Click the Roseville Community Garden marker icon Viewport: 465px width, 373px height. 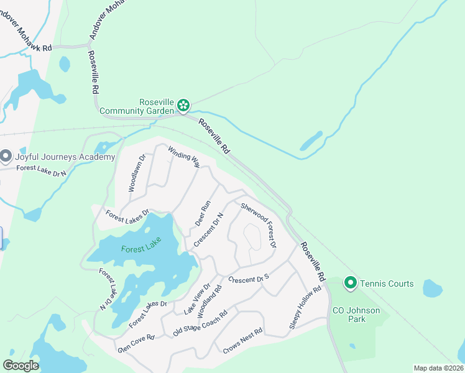point(183,106)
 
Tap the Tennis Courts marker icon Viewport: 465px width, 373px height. point(350,283)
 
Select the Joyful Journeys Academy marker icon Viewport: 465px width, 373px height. point(6,156)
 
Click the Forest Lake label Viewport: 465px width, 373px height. point(141,249)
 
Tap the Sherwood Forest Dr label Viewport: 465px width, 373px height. point(258,224)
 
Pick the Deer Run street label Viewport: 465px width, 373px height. point(203,213)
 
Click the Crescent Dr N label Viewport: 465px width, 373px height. point(208,229)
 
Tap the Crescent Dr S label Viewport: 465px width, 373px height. point(249,279)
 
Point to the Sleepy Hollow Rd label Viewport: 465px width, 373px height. point(305,308)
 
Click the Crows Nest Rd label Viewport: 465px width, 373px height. point(243,341)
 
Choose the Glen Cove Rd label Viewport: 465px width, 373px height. point(136,343)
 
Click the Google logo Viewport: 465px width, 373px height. point(21,365)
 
